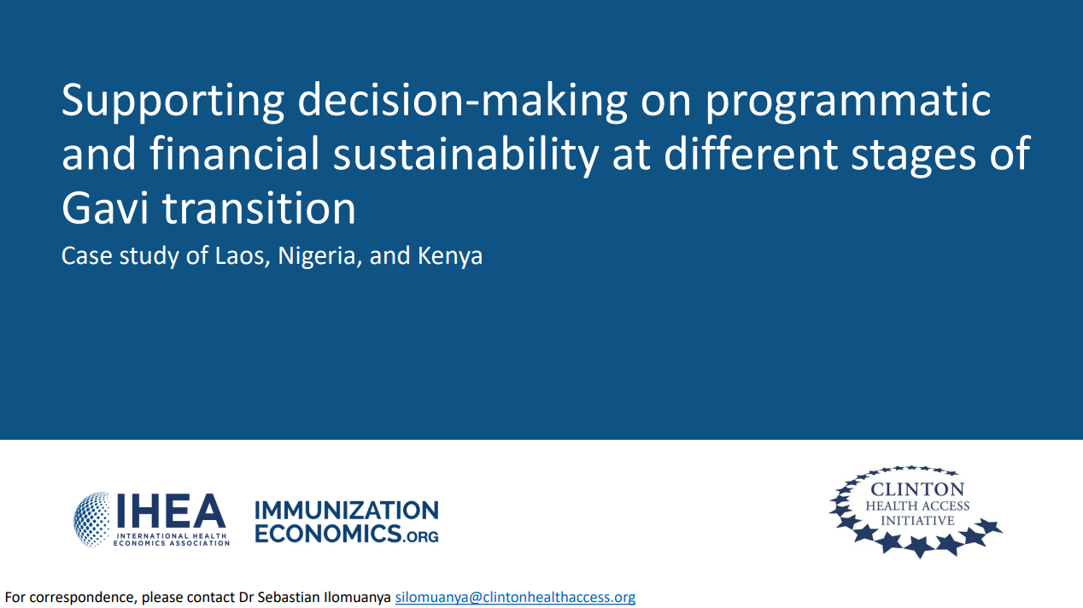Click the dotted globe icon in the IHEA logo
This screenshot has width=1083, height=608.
(91, 518)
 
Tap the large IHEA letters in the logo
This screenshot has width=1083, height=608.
(170, 512)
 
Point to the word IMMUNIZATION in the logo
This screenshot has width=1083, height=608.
(346, 511)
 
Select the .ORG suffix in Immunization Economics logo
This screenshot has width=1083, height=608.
(422, 536)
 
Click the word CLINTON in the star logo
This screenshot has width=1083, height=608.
(916, 489)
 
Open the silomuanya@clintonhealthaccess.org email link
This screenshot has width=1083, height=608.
(515, 597)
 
